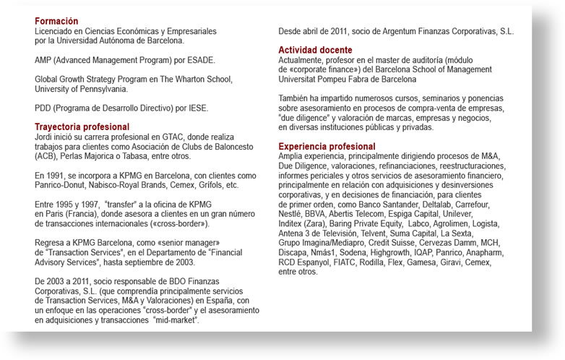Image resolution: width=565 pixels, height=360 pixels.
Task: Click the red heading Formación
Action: pos(56,22)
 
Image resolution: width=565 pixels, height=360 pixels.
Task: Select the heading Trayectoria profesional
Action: pos(82,127)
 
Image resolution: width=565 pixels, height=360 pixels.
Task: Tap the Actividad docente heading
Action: pos(315,49)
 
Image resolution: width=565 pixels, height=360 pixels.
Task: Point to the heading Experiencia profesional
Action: pos(327,147)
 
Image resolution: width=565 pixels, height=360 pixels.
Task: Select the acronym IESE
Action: pos(196,108)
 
